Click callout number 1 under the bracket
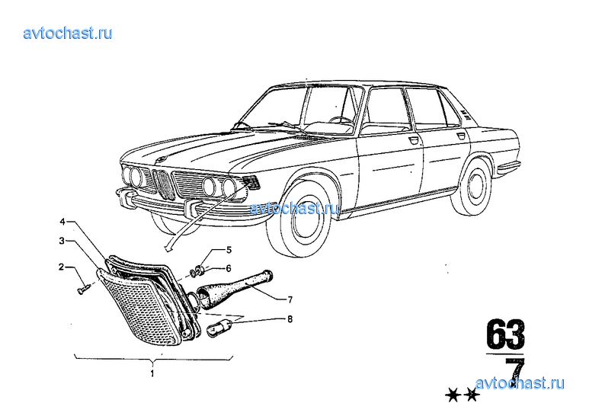[152, 374]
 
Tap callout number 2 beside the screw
[61, 267]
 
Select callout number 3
[62, 241]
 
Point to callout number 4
[62, 222]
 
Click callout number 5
[229, 250]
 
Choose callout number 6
[229, 268]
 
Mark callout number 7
[290, 300]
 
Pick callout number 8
[290, 319]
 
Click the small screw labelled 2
[83, 290]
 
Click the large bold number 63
[505, 334]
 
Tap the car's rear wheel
[472, 187]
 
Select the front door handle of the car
[413, 140]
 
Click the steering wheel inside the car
[341, 120]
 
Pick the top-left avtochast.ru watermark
[68, 33]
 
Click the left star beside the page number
[453, 395]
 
